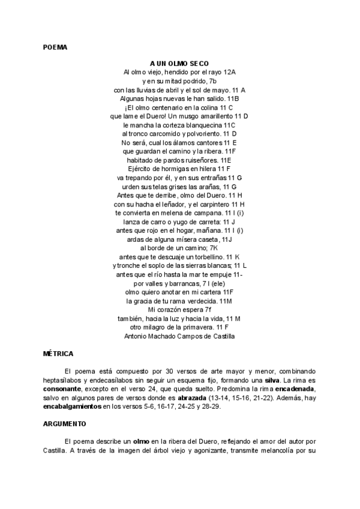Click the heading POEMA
[x=55, y=46]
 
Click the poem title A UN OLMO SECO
[x=179, y=63]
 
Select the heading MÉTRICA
[x=58, y=354]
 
